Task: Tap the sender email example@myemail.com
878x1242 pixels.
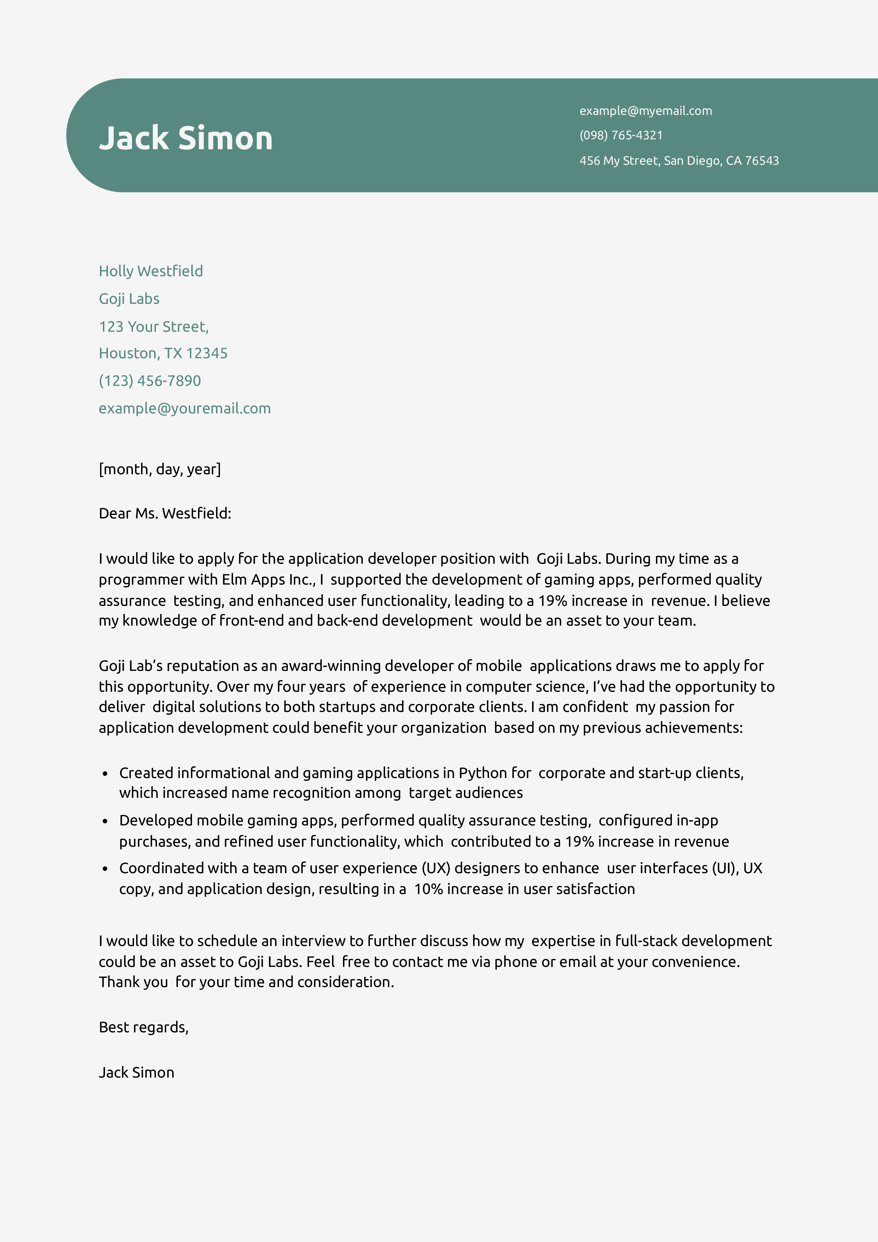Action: click(645, 111)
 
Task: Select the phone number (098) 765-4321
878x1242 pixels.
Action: click(621, 135)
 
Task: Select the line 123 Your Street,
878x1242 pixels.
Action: click(153, 327)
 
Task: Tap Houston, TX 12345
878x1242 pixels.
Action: click(163, 353)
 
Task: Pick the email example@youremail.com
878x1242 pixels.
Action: click(185, 408)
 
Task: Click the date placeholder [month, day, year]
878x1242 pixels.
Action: click(159, 469)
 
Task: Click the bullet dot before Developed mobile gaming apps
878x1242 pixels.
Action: click(105, 822)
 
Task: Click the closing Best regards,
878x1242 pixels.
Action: click(143, 1027)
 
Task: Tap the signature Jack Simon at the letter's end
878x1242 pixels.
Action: click(136, 1073)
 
